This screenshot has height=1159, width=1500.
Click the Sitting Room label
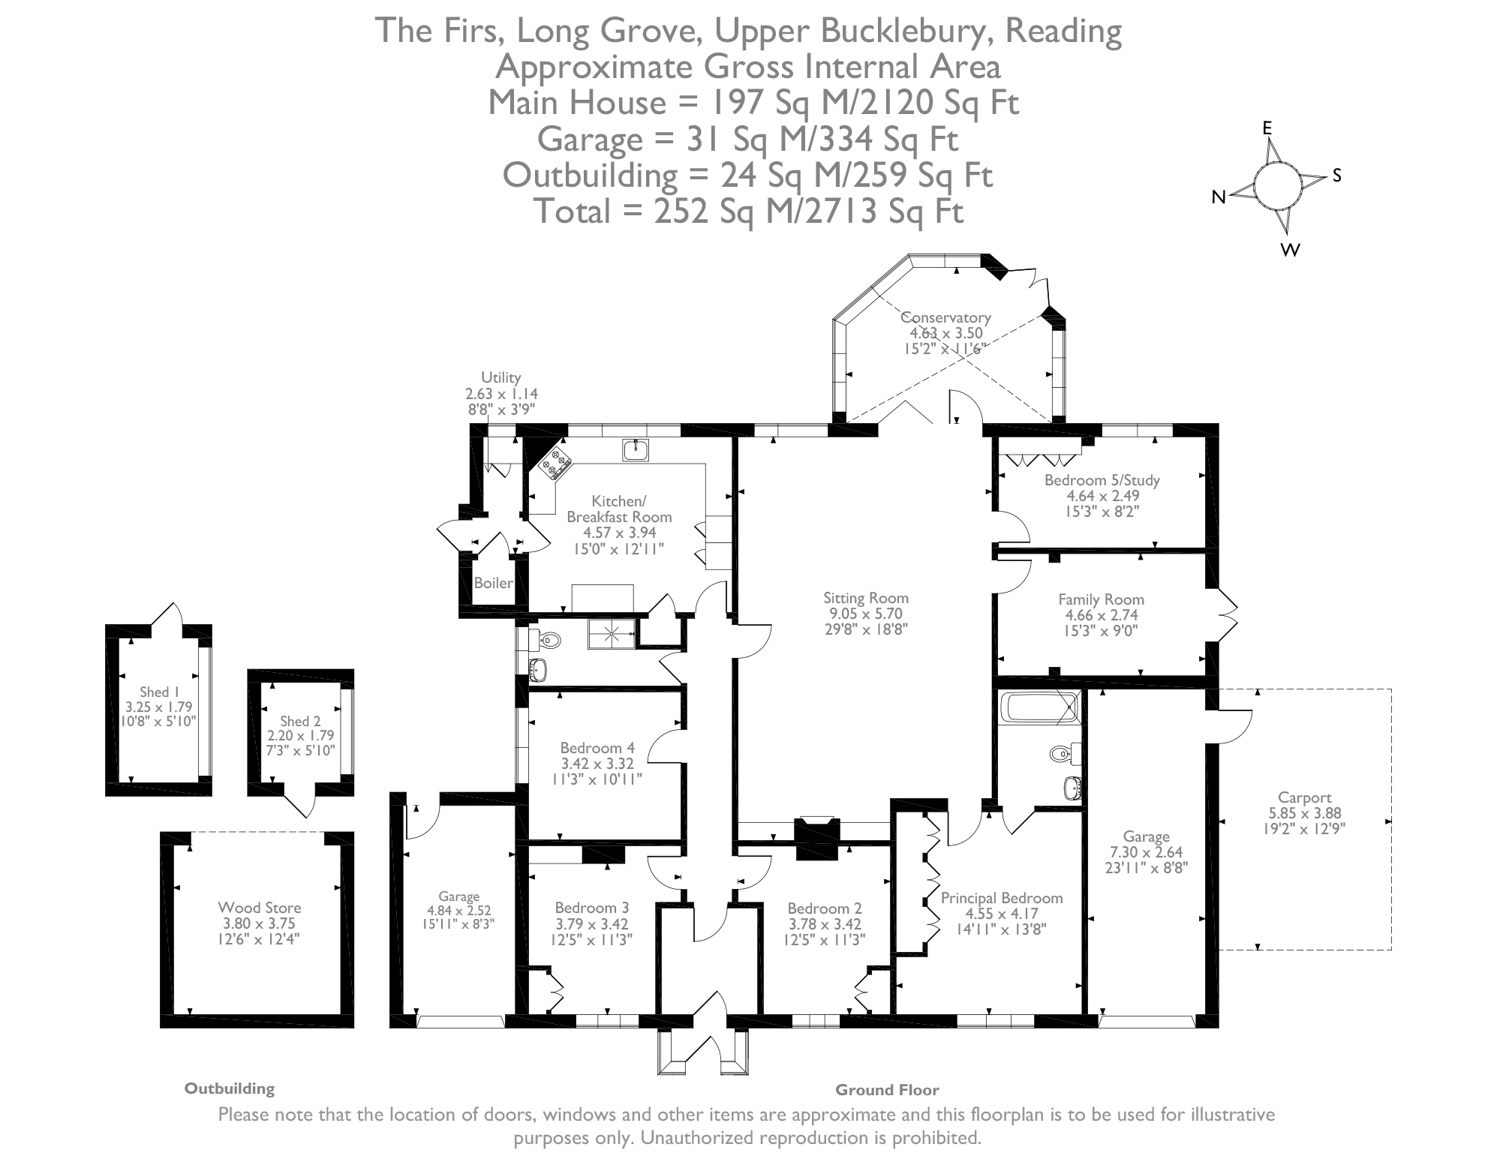click(865, 598)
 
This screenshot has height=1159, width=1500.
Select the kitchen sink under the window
click(636, 450)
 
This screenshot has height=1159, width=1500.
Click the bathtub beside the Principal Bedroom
click(1039, 708)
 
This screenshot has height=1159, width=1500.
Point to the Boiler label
click(493, 583)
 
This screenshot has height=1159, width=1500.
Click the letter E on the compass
click(1267, 128)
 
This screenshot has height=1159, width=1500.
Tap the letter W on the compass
click(1290, 251)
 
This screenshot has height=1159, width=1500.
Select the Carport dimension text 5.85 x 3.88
click(1304, 813)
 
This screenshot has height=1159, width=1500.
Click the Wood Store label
click(259, 908)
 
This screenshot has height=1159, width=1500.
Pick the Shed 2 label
click(300, 721)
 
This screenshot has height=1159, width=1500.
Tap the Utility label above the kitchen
click(501, 377)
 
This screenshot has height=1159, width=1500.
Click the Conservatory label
click(945, 317)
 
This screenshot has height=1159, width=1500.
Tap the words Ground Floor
click(887, 1090)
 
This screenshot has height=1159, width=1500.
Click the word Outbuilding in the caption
click(230, 1088)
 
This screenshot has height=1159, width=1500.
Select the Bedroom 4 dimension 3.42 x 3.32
click(597, 764)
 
